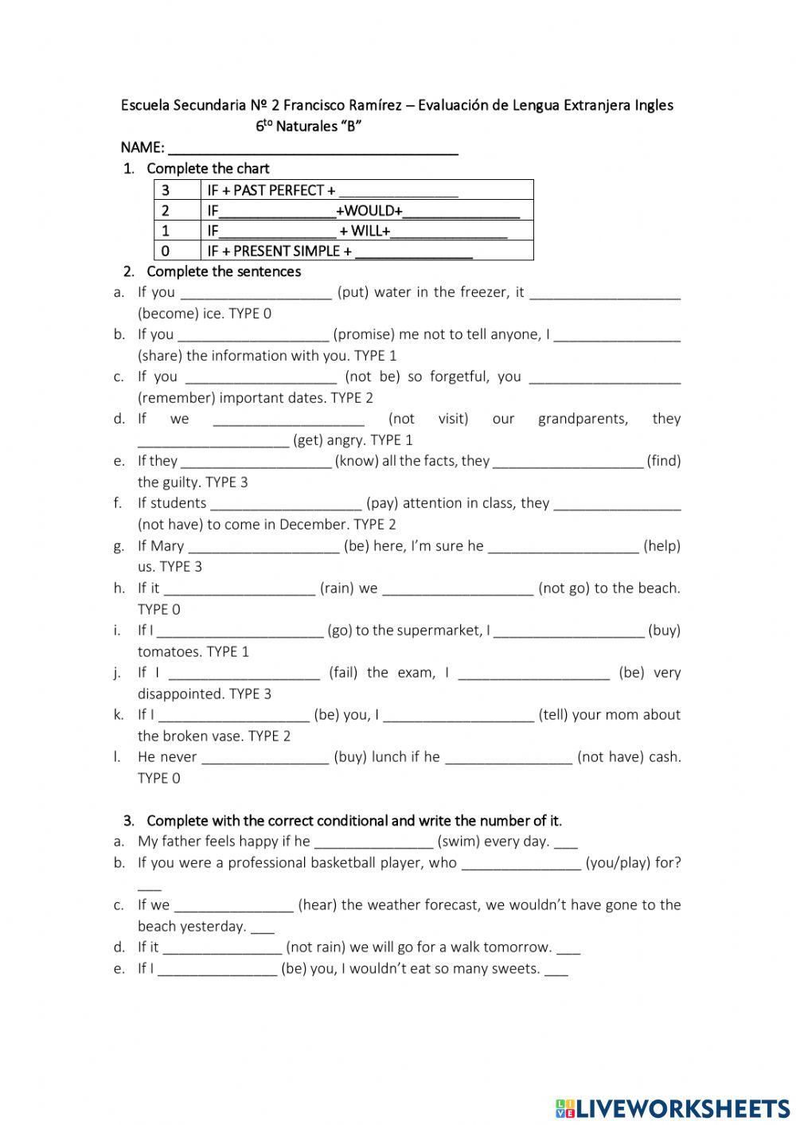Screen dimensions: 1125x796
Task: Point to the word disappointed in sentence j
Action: point(179,694)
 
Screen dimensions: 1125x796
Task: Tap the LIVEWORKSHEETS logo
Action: point(673,1108)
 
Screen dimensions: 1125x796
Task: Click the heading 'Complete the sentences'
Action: point(224,271)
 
